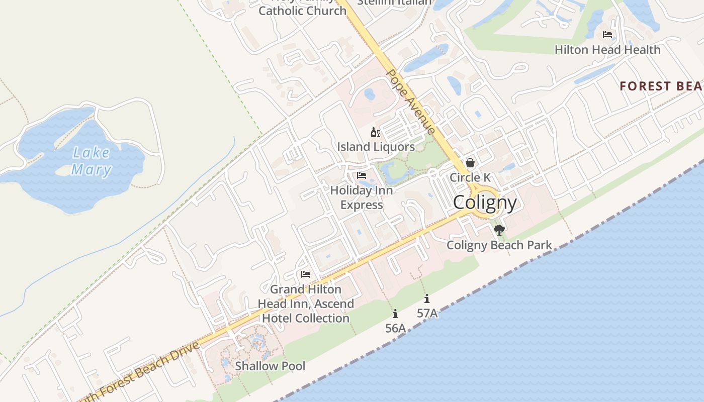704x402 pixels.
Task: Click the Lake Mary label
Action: click(91, 161)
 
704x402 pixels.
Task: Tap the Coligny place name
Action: click(485, 203)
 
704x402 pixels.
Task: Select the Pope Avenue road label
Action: click(410, 102)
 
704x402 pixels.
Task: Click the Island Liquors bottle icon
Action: click(375, 133)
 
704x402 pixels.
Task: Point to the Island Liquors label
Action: click(376, 147)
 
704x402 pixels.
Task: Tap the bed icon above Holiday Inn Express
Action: click(362, 175)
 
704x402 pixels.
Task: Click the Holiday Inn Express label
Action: click(362, 197)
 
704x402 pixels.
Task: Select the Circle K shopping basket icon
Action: click(470, 163)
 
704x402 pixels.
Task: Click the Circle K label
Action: click(470, 177)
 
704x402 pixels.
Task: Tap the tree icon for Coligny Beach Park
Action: click(499, 230)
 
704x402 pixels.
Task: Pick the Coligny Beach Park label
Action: click(499, 245)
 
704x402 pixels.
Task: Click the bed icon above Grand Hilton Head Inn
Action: click(305, 274)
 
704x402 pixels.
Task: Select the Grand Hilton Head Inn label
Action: click(306, 304)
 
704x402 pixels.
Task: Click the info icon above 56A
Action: click(395, 314)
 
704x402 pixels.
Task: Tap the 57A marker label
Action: click(427, 313)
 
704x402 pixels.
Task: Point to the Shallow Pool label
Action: click(270, 366)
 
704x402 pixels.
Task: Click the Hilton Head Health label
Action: click(607, 50)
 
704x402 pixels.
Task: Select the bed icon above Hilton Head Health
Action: click(607, 35)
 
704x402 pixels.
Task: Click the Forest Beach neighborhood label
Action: click(661, 86)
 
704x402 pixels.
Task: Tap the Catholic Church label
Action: click(302, 10)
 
